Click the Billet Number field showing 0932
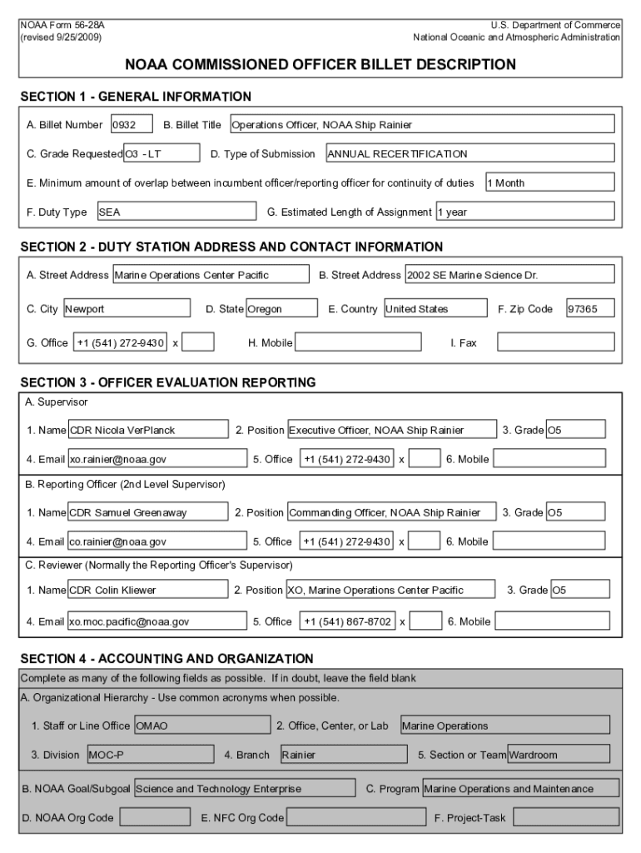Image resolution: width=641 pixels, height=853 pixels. pyautogui.click(x=131, y=125)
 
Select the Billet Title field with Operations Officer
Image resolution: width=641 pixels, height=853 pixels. pyautogui.click(x=421, y=125)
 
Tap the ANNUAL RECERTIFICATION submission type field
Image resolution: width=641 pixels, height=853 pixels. pyautogui.click(x=470, y=154)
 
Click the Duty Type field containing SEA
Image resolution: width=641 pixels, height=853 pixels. pyautogui.click(x=176, y=212)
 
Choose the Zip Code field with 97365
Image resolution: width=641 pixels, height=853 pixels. pyautogui.click(x=590, y=309)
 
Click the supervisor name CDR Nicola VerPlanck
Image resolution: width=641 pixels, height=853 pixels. pyautogui.click(x=148, y=431)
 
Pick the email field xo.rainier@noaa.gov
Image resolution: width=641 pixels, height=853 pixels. pyautogui.click(x=157, y=459)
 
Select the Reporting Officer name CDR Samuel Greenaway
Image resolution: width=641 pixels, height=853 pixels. pyautogui.click(x=148, y=513)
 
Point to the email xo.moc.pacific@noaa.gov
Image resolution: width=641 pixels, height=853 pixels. pyautogui.click(x=157, y=621)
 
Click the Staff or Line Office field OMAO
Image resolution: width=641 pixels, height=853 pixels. pyautogui.click(x=201, y=726)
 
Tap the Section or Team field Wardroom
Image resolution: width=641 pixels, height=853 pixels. pyautogui.click(x=558, y=756)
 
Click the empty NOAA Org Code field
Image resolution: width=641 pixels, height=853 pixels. pyautogui.click(x=154, y=818)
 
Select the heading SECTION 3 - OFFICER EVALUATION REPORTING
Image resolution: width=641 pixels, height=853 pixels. pyautogui.click(x=168, y=383)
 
